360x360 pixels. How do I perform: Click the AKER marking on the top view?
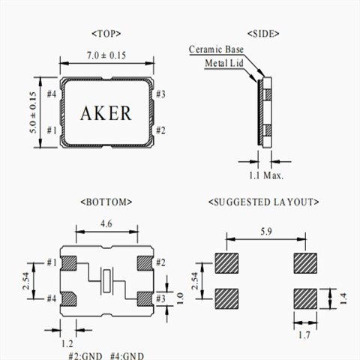(106, 113)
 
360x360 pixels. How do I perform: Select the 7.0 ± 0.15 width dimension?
(106, 55)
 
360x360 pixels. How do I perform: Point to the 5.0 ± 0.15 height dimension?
(33, 112)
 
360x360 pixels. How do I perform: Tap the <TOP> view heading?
(106, 34)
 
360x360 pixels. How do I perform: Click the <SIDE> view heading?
(263, 34)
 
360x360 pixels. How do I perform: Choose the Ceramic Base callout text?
(216, 49)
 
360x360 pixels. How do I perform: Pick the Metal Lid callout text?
(224, 63)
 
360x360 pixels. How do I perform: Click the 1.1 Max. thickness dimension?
(266, 175)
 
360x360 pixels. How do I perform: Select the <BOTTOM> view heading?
(106, 202)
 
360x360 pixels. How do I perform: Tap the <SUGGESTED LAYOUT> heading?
(264, 202)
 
